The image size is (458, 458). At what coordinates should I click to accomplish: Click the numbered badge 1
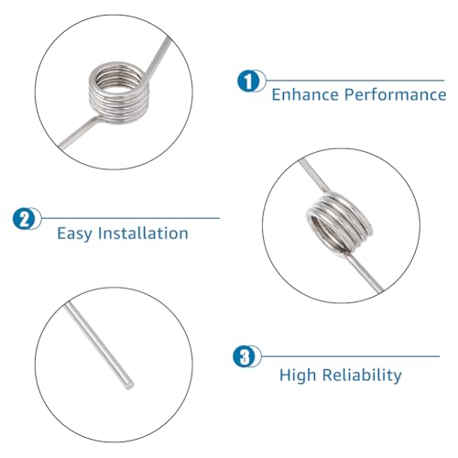pos(246,82)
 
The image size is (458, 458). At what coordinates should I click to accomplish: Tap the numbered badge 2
pos(25,218)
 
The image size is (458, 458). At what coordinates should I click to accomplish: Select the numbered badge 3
pos(242,357)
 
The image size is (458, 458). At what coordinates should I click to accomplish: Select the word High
pos(299,375)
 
